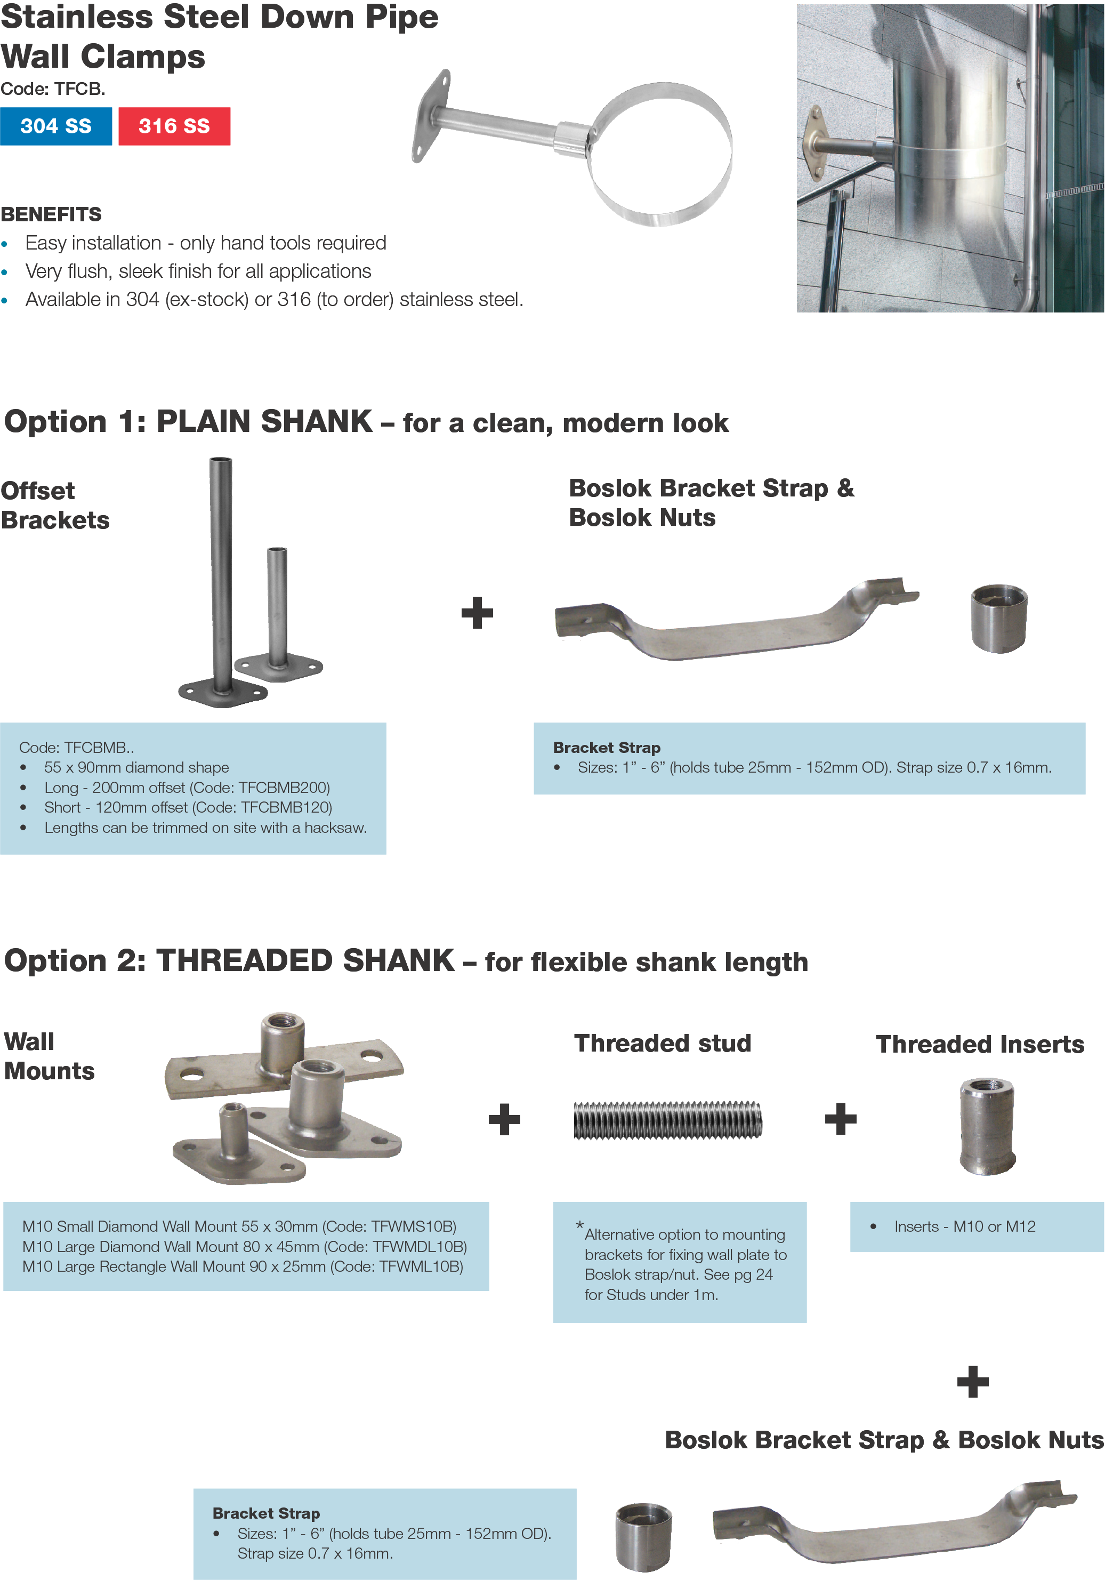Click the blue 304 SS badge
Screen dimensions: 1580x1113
[x=56, y=126]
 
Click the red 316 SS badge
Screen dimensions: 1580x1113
[x=174, y=126]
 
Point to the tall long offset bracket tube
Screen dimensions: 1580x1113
[x=221, y=571]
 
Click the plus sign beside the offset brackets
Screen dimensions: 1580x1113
[x=477, y=613]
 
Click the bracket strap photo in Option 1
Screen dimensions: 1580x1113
[x=736, y=619]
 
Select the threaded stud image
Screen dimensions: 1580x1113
[x=667, y=1120]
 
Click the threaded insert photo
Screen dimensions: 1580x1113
[x=987, y=1125]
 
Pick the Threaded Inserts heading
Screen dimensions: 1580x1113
[x=980, y=1044]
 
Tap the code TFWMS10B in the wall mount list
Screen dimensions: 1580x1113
[x=413, y=1226]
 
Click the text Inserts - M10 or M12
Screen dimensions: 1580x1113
[x=964, y=1226]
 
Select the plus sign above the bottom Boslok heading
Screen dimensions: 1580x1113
[x=973, y=1381]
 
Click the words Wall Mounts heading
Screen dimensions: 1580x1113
[x=49, y=1056]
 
